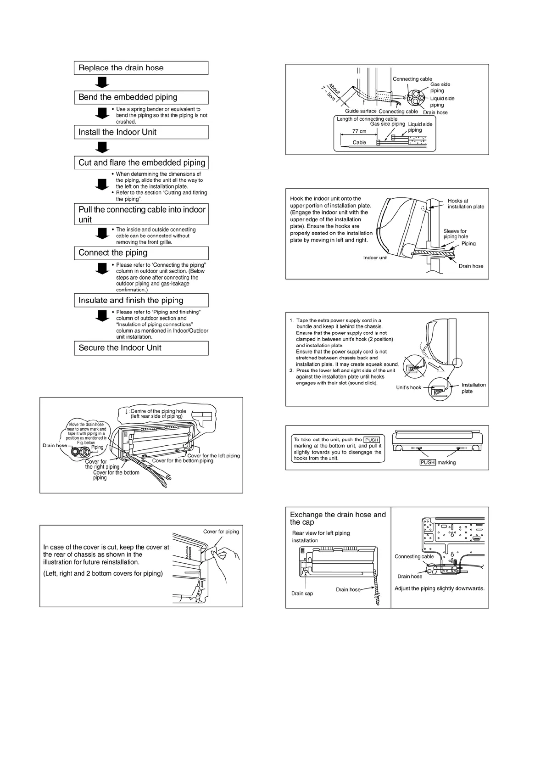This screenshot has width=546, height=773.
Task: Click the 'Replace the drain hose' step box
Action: pyautogui.click(x=141, y=68)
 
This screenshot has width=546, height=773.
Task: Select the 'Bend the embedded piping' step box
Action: pyautogui.click(x=141, y=97)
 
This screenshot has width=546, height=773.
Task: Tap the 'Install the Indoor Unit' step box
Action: pyautogui.click(x=141, y=132)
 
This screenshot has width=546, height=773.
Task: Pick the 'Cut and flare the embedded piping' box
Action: pyautogui.click(x=141, y=162)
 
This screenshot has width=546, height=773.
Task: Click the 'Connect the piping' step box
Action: pyautogui.click(x=141, y=253)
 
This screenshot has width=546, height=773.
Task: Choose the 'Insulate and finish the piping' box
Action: pyautogui.click(x=141, y=300)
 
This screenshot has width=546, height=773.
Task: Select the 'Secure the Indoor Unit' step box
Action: pyautogui.click(x=141, y=348)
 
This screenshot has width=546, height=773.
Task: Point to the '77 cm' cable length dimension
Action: pyautogui.click(x=359, y=131)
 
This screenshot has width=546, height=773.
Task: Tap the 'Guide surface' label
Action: pyautogui.click(x=361, y=111)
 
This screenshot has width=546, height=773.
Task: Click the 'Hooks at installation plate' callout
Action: pyautogui.click(x=466, y=204)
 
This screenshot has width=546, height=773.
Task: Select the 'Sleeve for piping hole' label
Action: pyautogui.click(x=455, y=234)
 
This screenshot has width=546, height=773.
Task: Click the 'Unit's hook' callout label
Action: pyautogui.click(x=408, y=388)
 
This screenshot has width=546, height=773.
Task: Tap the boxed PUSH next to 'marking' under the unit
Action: pyautogui.click(x=427, y=462)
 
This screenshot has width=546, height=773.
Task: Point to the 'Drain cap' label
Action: pyautogui.click(x=302, y=594)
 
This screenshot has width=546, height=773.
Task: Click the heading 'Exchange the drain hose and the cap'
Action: pyautogui.click(x=338, y=518)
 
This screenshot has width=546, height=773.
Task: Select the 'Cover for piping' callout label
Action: pyautogui.click(x=221, y=532)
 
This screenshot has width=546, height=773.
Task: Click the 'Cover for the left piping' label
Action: pyautogui.click(x=213, y=456)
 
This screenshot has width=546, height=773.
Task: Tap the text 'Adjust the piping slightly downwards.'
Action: pyautogui.click(x=439, y=588)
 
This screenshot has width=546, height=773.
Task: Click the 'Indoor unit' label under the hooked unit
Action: pyautogui.click(x=375, y=258)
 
